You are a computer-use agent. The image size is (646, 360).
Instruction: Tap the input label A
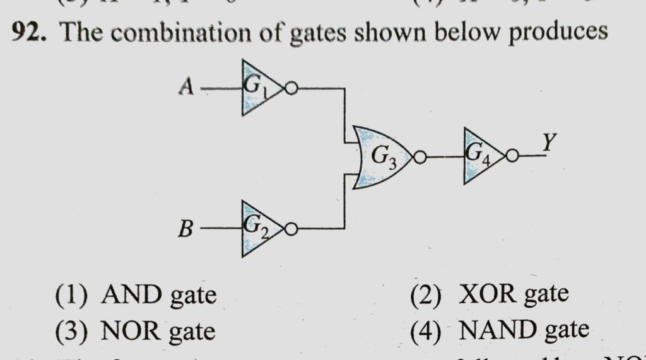pos(185,87)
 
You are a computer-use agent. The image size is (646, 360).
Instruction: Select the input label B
pos(185,229)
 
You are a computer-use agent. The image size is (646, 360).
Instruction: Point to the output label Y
pos(548,144)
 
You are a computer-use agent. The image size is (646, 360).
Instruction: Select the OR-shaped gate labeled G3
pos(380,157)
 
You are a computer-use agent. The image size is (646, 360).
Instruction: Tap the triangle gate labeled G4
pos(481,156)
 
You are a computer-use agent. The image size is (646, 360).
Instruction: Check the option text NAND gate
pos(524,329)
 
